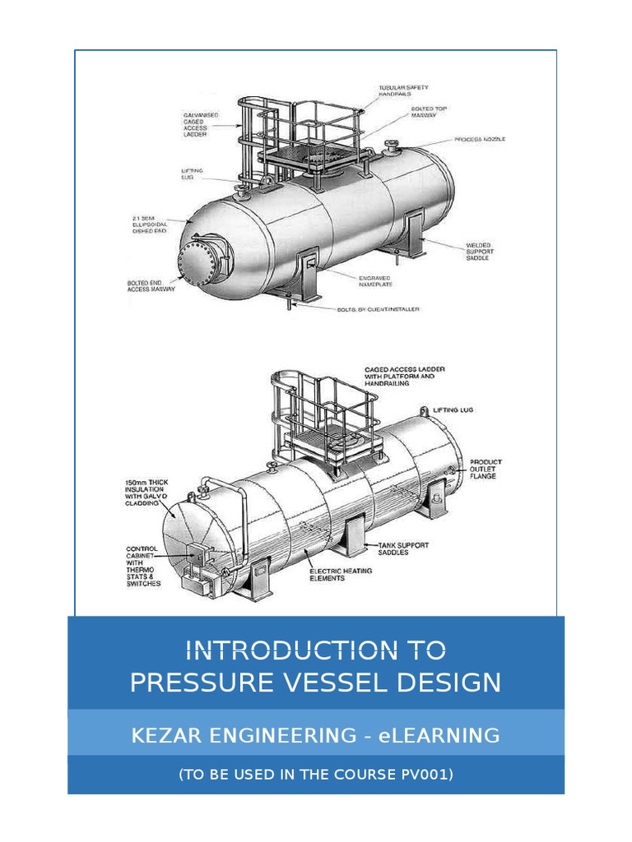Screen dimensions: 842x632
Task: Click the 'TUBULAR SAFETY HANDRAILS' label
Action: click(402, 90)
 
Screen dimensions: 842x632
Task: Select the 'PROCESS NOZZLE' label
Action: click(480, 139)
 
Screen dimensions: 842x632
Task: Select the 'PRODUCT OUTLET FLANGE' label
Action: click(485, 469)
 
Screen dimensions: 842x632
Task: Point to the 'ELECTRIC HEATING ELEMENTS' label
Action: click(339, 574)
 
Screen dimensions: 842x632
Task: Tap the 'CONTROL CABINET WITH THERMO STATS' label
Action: click(143, 566)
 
